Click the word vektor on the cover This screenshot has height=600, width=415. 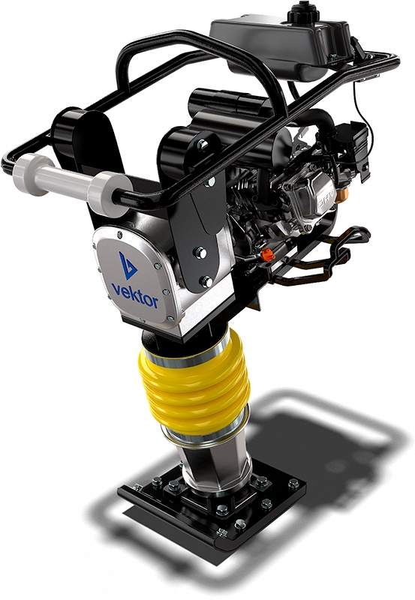[x=134, y=294]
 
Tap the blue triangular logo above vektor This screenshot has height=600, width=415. [x=127, y=265]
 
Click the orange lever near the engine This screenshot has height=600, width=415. [x=269, y=254]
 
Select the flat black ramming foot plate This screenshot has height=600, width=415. [x=213, y=505]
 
